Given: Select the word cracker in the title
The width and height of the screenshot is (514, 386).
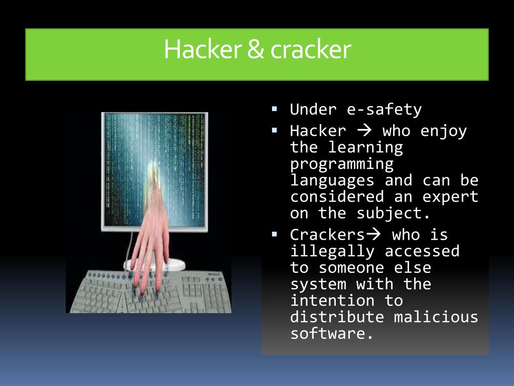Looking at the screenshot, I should pos(310,50).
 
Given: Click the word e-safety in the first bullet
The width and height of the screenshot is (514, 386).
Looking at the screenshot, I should pos(384,110).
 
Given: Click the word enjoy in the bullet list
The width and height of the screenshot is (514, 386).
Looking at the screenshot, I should pos(444,131).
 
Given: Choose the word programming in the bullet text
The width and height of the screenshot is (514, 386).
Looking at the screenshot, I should pos(342,164).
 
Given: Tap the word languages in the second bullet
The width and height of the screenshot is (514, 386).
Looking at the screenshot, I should pos(332,180).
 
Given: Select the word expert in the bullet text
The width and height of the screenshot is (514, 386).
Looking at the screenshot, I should pos(449,197).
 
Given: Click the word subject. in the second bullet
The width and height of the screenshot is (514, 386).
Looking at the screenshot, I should pos(394,213).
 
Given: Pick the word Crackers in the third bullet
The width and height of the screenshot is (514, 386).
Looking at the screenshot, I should pos(327,235).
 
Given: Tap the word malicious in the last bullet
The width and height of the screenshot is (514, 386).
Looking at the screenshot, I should pos(436,317).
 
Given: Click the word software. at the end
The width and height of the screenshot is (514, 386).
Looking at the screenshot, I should pos(332,333).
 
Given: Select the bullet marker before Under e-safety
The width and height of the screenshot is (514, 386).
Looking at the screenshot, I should pos(274,108).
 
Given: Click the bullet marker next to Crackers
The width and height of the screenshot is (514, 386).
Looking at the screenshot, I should pos(274,233).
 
